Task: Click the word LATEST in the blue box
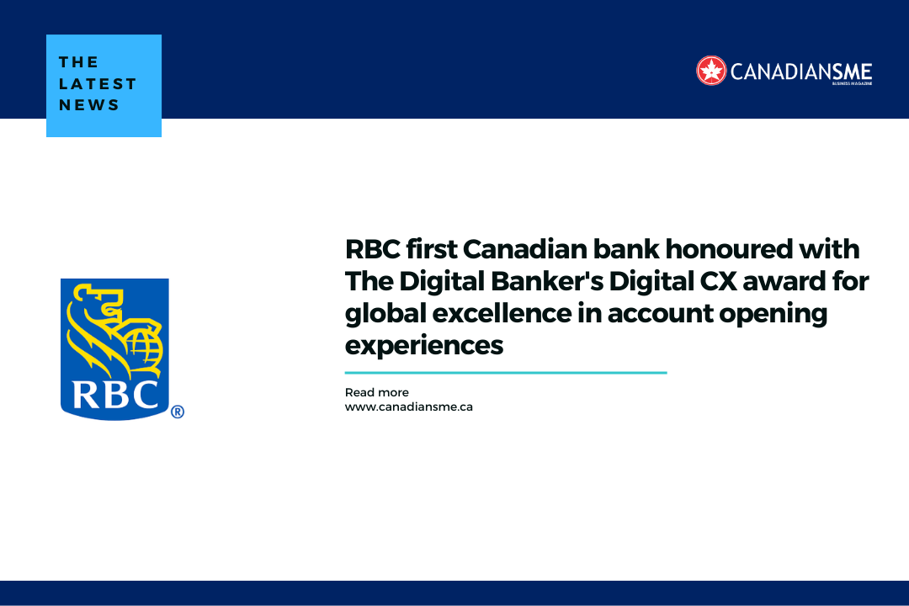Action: coord(98,83)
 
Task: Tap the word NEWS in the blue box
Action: coord(89,105)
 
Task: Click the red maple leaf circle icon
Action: coord(711,71)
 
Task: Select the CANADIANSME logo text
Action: coord(800,72)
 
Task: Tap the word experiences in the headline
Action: coord(424,345)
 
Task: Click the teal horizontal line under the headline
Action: coord(505,372)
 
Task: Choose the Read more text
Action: coord(376,392)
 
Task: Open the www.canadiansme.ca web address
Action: coord(408,407)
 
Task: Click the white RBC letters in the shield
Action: coord(114,393)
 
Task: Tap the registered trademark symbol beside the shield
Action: coord(177,412)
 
